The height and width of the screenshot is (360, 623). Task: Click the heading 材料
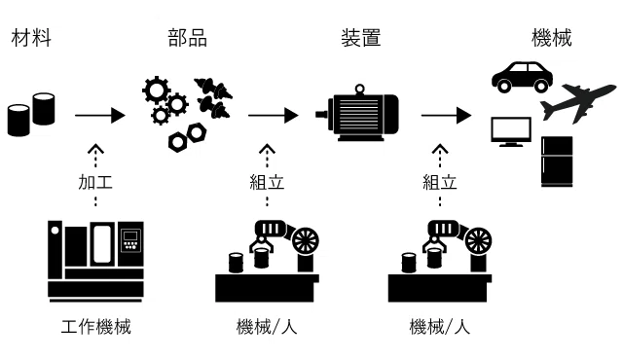[31, 38]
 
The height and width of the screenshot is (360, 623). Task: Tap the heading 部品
[187, 38]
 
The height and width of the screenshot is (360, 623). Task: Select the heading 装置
[361, 38]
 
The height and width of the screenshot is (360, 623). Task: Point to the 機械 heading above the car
[552, 38]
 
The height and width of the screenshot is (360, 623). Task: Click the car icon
[522, 77]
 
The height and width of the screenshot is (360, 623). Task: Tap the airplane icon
[576, 103]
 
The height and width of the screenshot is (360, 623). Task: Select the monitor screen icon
[511, 131]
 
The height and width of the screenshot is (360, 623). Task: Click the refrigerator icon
[557, 162]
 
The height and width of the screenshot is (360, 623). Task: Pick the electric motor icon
[357, 113]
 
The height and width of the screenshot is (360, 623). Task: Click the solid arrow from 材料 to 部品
[100, 116]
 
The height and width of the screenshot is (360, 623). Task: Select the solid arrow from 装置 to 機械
[447, 116]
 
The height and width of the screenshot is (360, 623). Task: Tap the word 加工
[95, 182]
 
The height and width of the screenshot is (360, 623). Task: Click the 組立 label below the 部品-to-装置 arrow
[267, 182]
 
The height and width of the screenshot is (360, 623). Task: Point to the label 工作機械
[95, 327]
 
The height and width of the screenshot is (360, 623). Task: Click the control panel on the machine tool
[130, 239]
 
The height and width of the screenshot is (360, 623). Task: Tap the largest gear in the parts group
[156, 90]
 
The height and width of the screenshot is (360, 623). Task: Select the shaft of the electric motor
[322, 114]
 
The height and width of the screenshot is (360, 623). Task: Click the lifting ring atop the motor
[359, 90]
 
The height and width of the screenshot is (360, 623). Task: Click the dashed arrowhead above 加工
[95, 148]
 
